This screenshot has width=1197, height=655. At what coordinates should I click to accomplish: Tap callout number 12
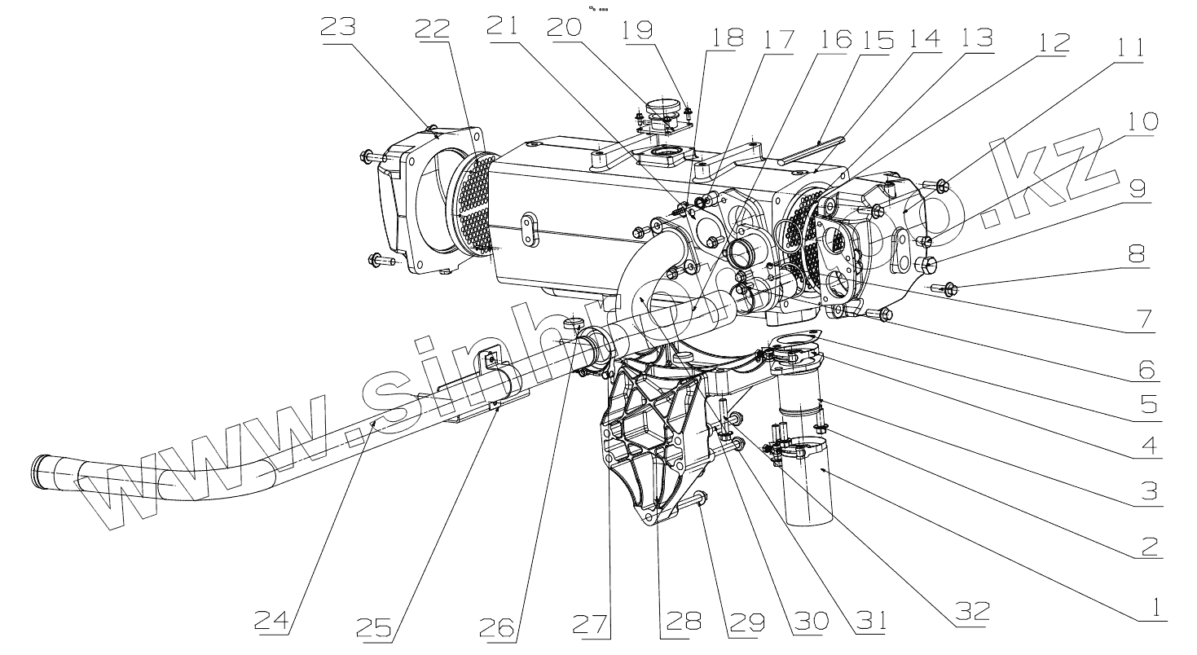pyautogui.click(x=1053, y=43)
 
